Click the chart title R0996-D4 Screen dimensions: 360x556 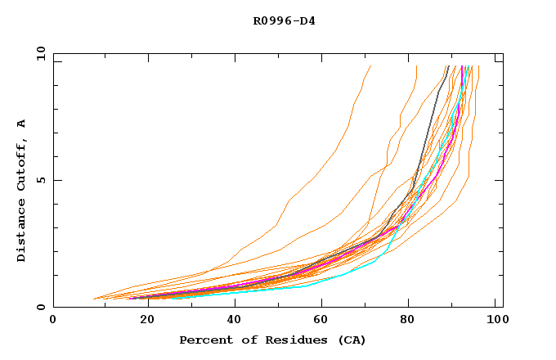tap(284, 20)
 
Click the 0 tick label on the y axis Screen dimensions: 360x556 tap(40, 307)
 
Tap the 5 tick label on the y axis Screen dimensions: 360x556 tap(40, 180)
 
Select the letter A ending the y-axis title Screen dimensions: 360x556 tap(22, 124)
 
